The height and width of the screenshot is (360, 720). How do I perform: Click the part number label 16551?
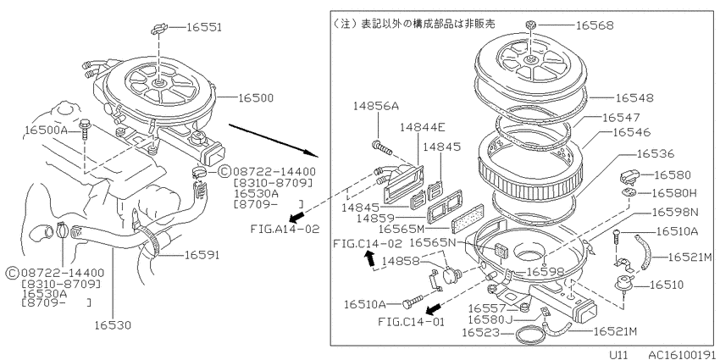point(204,28)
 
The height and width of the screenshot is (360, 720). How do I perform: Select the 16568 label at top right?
point(595,25)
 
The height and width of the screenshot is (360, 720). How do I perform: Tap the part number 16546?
point(632,132)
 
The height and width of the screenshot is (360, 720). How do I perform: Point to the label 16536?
point(656,153)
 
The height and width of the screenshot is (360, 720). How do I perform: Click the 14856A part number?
point(376,106)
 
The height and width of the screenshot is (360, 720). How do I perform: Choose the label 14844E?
point(423,127)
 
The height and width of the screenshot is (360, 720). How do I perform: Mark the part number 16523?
point(480,331)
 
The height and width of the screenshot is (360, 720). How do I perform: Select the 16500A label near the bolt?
point(46,130)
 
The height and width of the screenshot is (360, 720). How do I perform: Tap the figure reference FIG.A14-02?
point(285,228)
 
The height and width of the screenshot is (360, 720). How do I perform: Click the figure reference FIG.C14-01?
point(412,321)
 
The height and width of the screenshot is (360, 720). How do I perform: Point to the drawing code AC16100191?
point(681,354)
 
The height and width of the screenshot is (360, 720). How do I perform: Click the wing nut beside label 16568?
point(529,25)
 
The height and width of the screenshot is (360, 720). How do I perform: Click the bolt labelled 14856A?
point(380,148)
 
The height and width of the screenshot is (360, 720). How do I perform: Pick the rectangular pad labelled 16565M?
point(468,219)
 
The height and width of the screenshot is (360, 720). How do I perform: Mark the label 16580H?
point(673,194)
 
